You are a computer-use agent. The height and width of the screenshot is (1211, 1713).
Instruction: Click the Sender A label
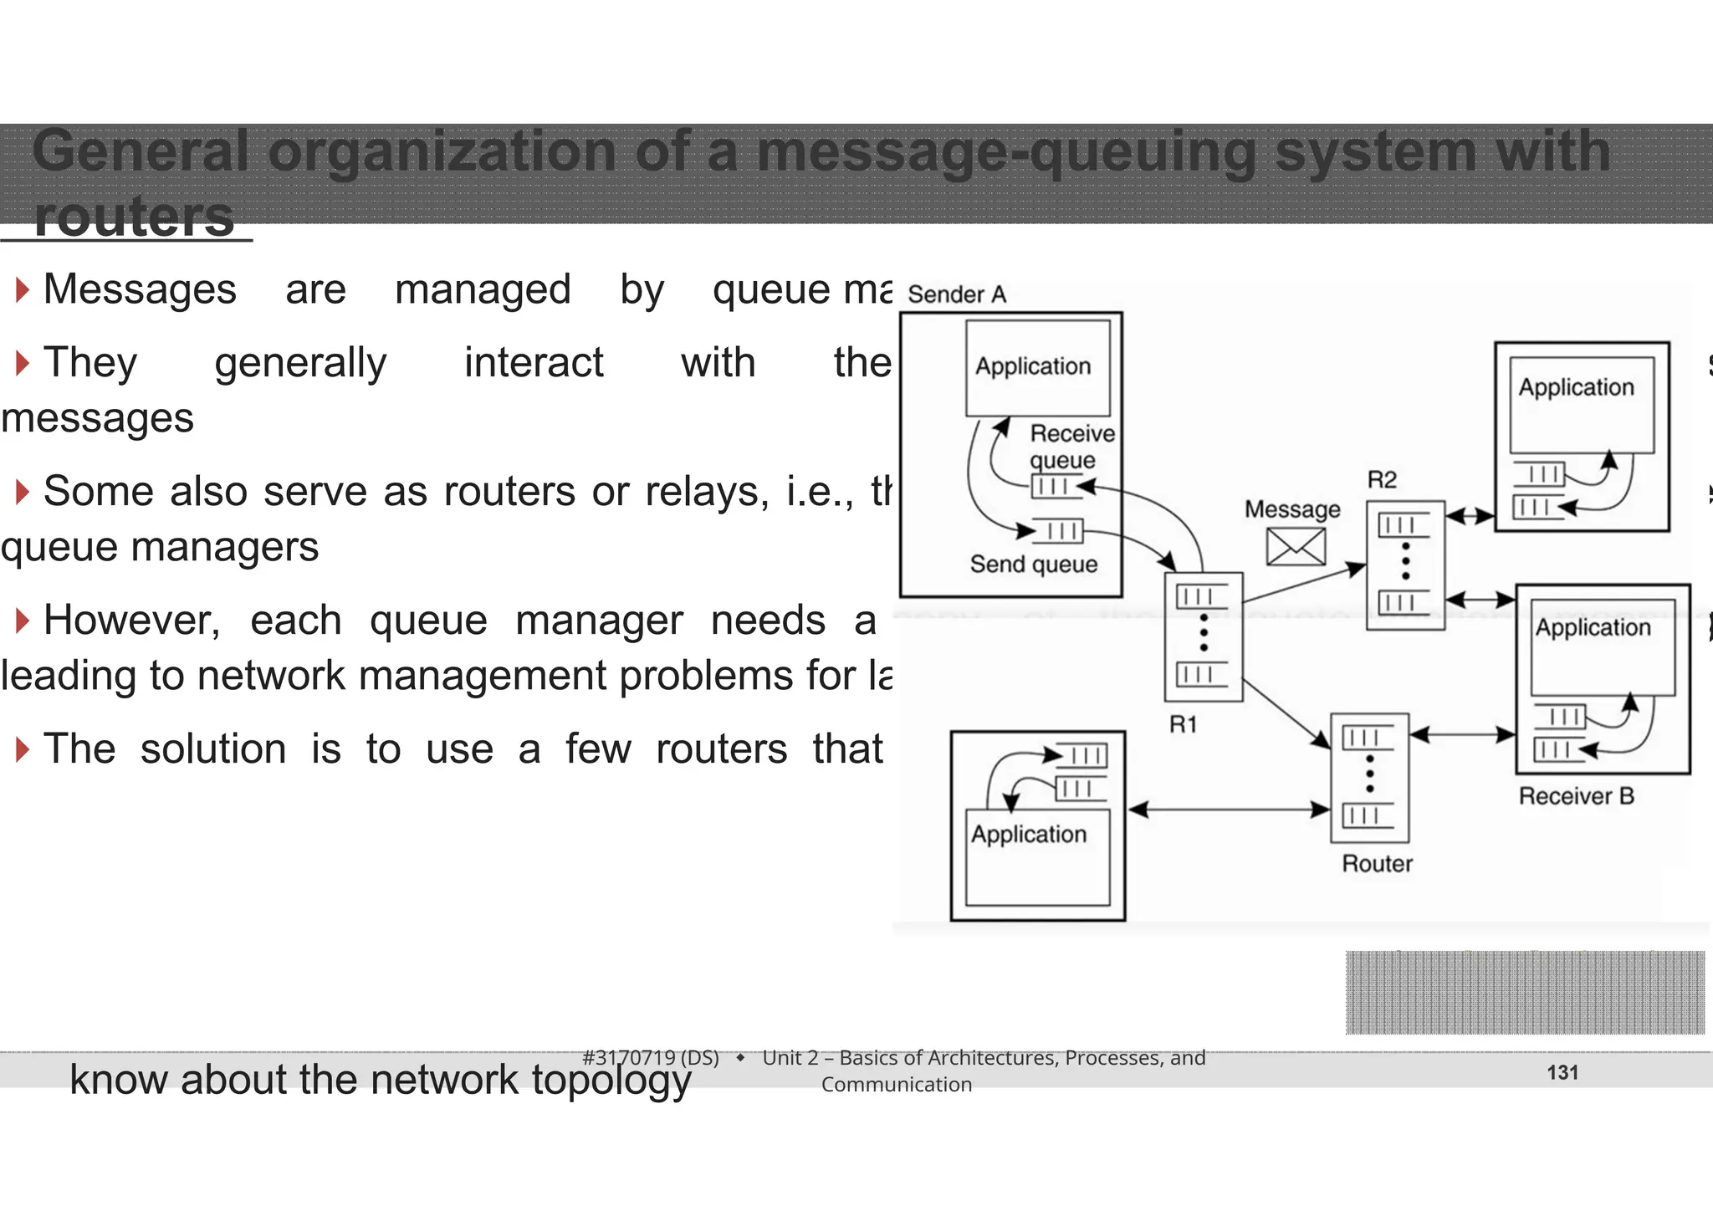(x=956, y=294)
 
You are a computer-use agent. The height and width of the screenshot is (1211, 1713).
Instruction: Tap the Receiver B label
(x=1576, y=795)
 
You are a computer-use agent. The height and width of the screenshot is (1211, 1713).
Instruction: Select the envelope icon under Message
(x=1295, y=547)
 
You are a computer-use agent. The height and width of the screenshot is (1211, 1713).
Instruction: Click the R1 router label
(x=1183, y=724)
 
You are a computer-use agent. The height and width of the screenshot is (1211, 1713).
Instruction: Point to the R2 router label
(x=1382, y=480)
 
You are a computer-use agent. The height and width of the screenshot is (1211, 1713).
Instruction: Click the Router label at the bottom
(x=1377, y=863)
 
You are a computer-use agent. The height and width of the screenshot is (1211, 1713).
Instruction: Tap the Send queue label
(x=1033, y=564)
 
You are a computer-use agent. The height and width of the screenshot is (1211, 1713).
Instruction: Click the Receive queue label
(x=1071, y=447)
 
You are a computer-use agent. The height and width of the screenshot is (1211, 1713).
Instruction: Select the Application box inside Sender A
(x=1037, y=368)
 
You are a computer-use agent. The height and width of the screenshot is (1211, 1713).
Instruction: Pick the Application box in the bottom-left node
(x=1037, y=856)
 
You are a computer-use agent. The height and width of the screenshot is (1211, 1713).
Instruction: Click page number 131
(x=1562, y=1072)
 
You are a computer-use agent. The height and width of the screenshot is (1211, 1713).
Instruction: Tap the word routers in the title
(x=134, y=217)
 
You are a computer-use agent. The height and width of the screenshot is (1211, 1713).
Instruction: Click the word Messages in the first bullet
(x=140, y=289)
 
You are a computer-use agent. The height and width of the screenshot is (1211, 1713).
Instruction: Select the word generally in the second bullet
(x=300, y=363)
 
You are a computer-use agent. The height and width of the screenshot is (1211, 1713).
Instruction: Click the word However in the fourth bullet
(x=131, y=621)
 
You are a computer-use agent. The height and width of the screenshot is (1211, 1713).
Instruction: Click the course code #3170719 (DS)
(x=650, y=1058)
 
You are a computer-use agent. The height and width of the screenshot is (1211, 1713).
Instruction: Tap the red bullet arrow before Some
(x=23, y=492)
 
